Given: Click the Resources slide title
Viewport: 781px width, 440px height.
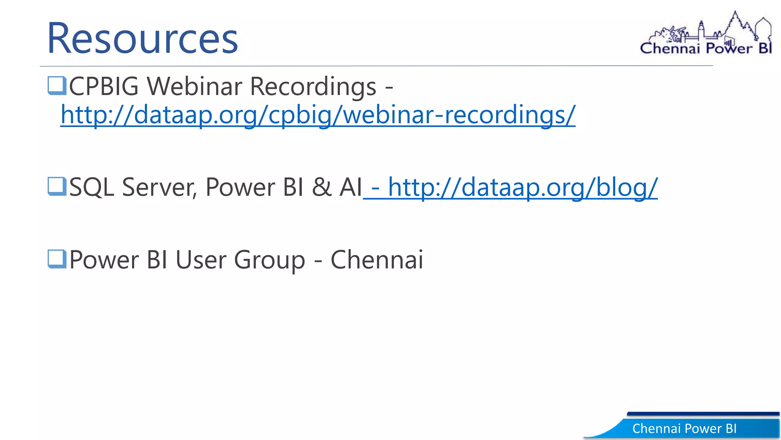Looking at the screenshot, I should pos(142,38).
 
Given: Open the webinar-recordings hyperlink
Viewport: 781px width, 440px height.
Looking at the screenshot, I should pos(318,115).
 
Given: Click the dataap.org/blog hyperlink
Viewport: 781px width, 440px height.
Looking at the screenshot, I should pos(522,187).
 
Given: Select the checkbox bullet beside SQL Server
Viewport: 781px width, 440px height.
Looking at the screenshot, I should pos(57,186).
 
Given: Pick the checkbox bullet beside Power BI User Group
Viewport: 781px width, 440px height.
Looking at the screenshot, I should pos(57,259).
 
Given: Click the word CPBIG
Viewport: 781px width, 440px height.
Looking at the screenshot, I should pos(104,86).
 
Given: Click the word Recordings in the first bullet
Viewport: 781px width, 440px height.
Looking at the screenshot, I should pos(313,87).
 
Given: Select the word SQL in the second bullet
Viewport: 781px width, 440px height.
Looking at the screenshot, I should pos(92,187).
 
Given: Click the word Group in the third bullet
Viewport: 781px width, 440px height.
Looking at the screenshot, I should pos(269,260).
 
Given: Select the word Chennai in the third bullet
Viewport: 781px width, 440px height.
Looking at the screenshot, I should pos(377,260).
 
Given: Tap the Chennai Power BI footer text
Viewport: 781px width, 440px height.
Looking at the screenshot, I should pos(684,429).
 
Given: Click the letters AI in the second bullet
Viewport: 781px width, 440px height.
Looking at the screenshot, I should pos(350,187).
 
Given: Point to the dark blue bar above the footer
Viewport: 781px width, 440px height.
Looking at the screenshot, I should pos(703,414).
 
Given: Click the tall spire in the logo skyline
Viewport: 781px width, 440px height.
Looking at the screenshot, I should pos(736,23).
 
